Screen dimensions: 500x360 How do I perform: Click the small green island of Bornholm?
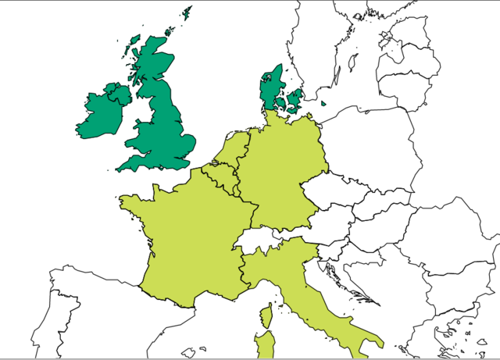click(x=324, y=104)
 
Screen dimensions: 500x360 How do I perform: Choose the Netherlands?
click(x=235, y=148)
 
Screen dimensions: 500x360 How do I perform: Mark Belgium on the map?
click(x=219, y=172)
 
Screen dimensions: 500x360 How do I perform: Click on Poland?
click(x=367, y=148)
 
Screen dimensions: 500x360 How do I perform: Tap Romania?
click(x=445, y=234)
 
